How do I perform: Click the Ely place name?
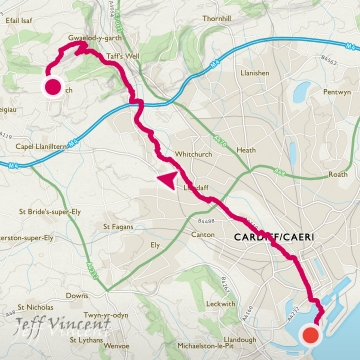[155, 245]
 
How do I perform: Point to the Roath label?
[338, 174]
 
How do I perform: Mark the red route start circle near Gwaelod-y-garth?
[52, 85]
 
